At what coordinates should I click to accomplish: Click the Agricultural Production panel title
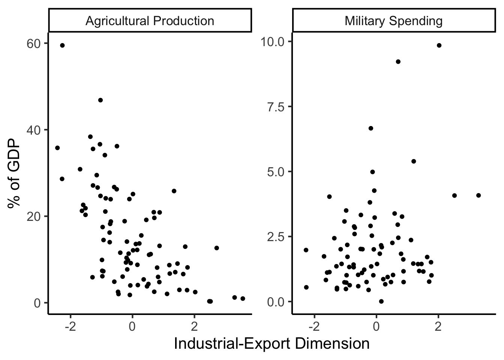coord(150,21)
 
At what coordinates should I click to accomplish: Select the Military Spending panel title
coord(393,21)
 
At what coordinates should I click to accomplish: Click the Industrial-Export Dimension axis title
coord(271,343)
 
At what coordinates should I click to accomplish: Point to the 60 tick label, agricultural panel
coord(33,43)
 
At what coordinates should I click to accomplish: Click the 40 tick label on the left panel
coord(33,130)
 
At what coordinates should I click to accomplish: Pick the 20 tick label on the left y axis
coord(33,216)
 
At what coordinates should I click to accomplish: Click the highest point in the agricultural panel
coord(62,45)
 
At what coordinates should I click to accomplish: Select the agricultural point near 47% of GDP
coord(100,100)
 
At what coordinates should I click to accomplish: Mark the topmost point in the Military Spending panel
coord(439,45)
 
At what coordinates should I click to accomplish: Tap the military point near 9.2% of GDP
coord(398,62)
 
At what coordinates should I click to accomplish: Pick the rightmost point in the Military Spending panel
coord(478,195)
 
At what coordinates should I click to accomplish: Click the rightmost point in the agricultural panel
coord(243,298)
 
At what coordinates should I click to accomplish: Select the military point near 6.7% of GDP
coord(371,128)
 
